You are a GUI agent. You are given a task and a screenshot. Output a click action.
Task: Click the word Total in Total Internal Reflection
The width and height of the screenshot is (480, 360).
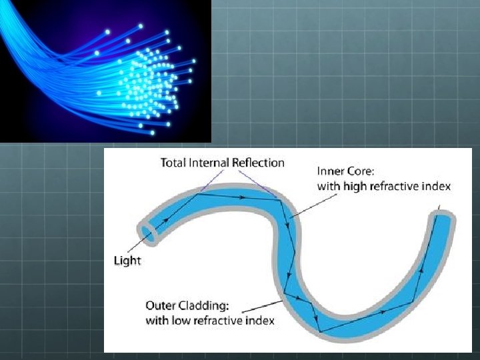tap(175, 163)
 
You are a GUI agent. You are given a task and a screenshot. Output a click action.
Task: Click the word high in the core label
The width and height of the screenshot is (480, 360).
tap(356, 186)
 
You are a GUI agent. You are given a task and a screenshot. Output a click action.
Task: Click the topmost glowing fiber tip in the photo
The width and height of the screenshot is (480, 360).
tap(140, 27)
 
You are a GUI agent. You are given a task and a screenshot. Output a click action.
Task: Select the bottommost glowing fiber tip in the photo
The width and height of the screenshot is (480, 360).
tap(153, 133)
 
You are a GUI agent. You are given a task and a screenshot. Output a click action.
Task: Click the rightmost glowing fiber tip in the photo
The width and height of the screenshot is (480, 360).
tap(194, 61)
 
